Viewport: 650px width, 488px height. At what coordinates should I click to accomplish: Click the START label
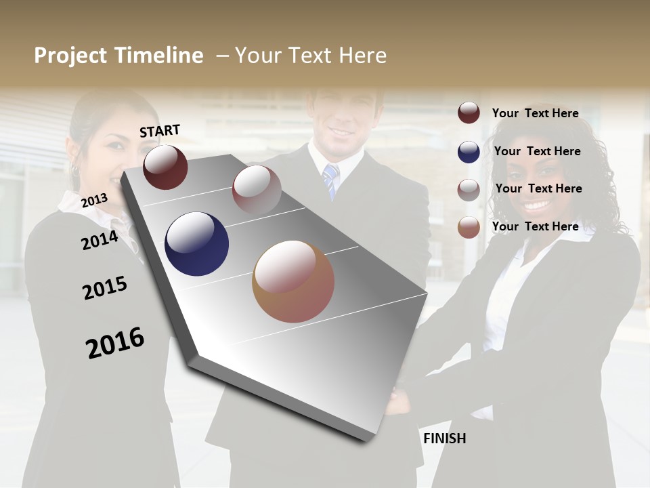pos(160,131)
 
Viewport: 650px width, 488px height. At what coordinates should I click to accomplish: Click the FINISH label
pos(444,439)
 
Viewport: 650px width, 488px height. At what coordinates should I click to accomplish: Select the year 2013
pos(94,201)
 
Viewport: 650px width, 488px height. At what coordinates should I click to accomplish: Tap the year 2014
pos(100,240)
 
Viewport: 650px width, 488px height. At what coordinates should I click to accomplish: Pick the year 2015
pos(105,288)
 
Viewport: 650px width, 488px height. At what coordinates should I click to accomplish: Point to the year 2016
pos(115,343)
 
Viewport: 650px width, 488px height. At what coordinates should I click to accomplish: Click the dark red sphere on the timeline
pos(165,167)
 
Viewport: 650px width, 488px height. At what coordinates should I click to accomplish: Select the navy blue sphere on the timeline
pos(196,244)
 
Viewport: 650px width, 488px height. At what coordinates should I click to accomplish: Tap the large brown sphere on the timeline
pos(293,281)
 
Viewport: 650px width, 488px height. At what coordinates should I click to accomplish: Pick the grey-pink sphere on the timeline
pos(256,189)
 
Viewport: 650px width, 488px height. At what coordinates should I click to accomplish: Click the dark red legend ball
pos(469,113)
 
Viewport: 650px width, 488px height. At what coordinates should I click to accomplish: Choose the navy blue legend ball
pos(469,152)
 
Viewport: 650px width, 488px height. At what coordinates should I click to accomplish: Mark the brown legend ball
pos(469,227)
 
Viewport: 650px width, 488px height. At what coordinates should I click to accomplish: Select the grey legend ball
pos(469,190)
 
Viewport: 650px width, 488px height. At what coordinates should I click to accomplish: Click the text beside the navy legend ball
pos(537,151)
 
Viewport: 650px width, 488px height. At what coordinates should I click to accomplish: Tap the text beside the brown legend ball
pos(535,226)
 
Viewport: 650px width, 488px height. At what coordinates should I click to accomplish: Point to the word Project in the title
pos(70,56)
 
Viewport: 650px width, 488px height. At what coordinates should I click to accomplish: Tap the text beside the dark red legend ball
pos(535,113)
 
